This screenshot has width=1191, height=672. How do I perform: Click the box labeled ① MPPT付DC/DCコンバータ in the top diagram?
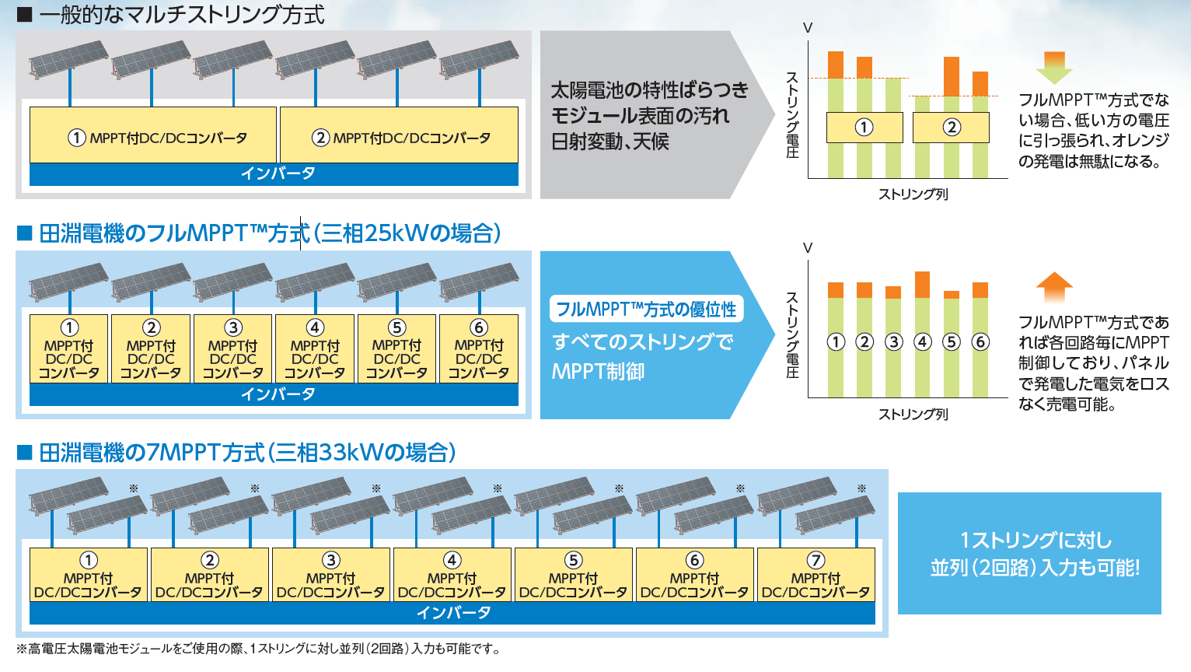click(x=153, y=135)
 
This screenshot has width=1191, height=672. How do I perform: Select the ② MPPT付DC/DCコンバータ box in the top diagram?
click(x=400, y=135)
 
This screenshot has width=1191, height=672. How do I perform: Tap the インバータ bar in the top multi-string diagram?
click(x=274, y=174)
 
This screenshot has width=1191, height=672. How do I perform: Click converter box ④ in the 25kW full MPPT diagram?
click(x=315, y=348)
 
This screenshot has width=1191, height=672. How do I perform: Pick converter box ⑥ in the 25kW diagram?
click(x=479, y=348)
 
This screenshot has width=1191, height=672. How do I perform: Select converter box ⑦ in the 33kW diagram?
click(x=816, y=575)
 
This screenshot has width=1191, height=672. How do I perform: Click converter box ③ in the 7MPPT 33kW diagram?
click(x=330, y=575)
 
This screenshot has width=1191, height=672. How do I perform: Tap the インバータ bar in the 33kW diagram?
click(x=452, y=613)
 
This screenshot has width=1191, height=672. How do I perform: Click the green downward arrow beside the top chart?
click(x=1054, y=68)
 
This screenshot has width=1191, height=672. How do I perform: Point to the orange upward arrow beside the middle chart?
click(x=1054, y=288)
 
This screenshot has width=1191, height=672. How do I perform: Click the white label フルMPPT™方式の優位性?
click(x=646, y=309)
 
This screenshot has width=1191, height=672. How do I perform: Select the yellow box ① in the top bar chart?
click(x=864, y=127)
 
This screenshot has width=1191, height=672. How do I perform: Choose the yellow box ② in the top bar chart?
click(x=952, y=127)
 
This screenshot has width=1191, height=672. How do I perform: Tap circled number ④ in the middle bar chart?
click(x=923, y=341)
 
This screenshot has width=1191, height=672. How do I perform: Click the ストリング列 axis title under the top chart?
click(x=913, y=194)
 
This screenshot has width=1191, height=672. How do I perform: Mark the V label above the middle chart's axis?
click(x=808, y=248)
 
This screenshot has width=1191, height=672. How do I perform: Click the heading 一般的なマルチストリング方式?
click(x=182, y=14)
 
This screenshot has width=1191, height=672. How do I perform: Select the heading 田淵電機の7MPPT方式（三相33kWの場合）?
click(x=247, y=453)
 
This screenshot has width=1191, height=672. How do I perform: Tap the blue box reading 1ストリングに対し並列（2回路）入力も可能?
click(x=1029, y=553)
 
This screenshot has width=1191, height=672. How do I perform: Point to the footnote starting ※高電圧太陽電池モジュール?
click(x=258, y=649)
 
